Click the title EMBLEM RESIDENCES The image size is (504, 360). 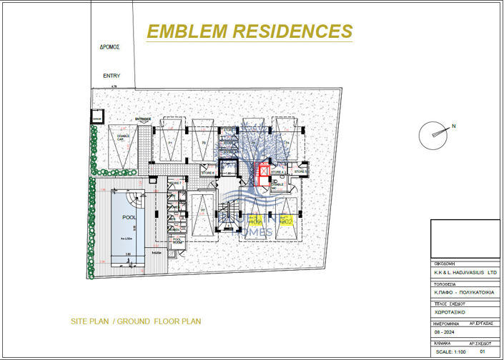tap(249, 31)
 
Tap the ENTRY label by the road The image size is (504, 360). tap(112, 76)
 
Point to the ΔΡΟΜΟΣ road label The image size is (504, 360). tap(109, 47)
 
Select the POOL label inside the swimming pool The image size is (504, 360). tap(129, 217)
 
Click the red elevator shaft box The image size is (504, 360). tap(263, 175)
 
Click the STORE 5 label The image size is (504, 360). tap(301, 172)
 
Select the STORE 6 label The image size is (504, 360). tap(208, 172)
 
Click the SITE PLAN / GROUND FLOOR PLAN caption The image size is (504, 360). tap(136, 321)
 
